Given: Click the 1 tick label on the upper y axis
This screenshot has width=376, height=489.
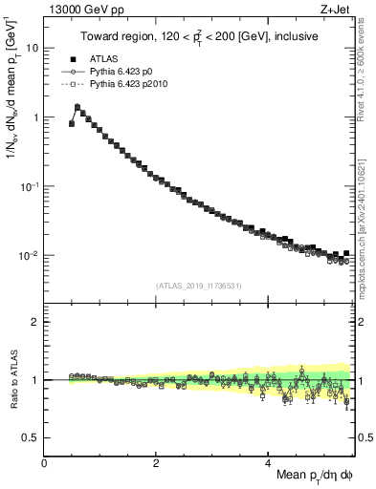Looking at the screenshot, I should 35,117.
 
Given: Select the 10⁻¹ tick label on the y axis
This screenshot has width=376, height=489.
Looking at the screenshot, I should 30,185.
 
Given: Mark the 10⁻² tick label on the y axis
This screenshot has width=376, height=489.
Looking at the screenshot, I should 30,255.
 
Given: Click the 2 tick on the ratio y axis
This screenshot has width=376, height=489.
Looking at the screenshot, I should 35,322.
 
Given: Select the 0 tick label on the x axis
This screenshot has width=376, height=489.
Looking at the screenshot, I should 45,462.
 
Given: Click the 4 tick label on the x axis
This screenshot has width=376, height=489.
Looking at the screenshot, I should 269,462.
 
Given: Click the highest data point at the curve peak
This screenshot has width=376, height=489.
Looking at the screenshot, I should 77,108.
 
